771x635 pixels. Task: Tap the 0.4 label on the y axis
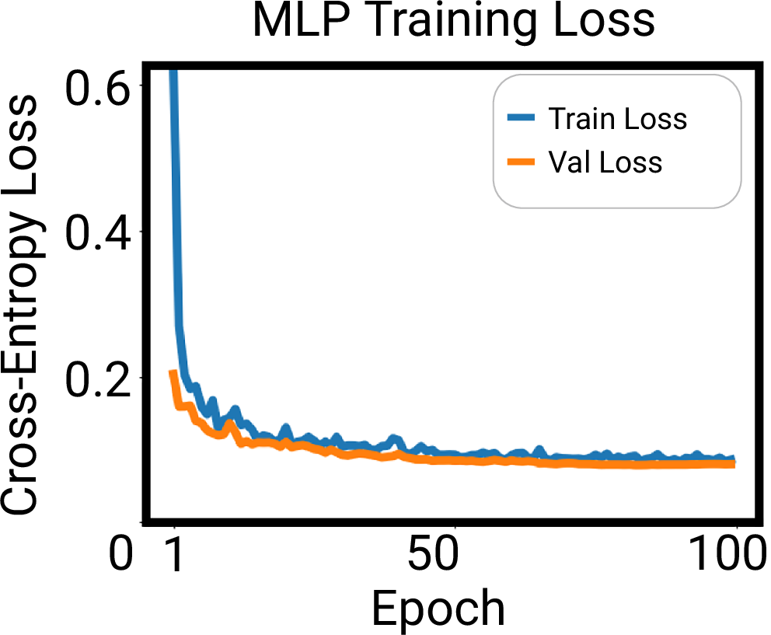[96, 232]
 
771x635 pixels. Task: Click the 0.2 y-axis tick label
[96, 378]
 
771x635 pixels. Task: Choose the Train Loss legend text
[617, 119]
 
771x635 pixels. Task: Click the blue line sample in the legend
[522, 119]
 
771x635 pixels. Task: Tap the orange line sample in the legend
[522, 162]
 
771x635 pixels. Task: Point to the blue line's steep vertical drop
[176, 233]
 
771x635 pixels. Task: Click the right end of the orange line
[732, 464]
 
